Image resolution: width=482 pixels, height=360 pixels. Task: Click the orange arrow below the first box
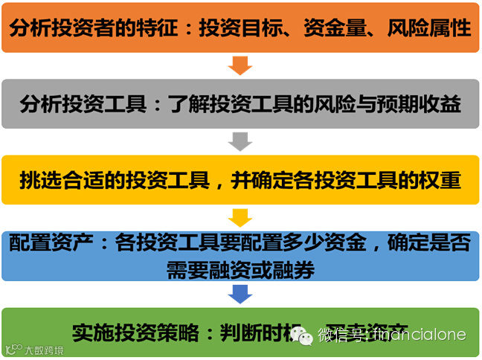(240, 65)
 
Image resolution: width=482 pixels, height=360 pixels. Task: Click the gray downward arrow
(240, 141)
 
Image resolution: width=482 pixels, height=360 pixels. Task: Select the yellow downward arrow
(240, 217)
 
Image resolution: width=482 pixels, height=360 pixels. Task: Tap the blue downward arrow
(240, 294)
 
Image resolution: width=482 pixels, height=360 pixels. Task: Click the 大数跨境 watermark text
(44, 350)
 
